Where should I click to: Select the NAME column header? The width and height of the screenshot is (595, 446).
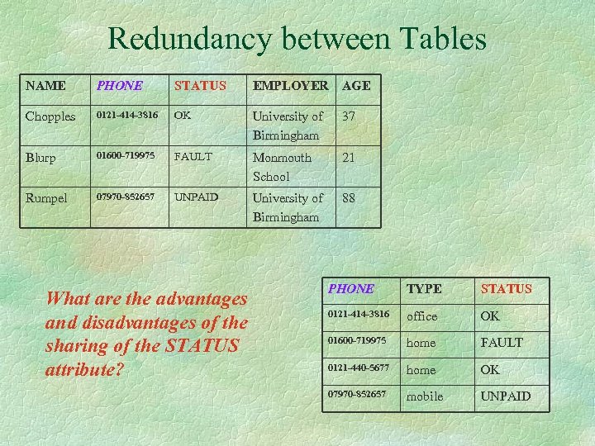(46, 85)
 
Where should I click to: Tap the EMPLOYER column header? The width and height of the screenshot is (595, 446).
(290, 85)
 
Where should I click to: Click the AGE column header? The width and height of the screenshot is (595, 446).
(356, 85)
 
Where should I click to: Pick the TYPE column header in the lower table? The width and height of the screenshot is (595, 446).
(424, 288)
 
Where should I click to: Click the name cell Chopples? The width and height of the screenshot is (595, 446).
(50, 116)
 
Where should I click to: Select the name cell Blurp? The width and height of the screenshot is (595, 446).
(41, 158)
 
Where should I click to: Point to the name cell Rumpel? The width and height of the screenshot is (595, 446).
(47, 198)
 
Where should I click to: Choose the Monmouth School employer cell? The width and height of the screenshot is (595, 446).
(282, 167)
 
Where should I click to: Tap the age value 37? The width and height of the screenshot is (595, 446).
(349, 116)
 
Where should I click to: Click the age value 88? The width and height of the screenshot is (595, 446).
(349, 198)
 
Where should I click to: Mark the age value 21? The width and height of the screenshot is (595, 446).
(349, 158)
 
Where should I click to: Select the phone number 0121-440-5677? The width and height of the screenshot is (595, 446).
(358, 369)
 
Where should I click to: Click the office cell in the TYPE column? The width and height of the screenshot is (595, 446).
(422, 316)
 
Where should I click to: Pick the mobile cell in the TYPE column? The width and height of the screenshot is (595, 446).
(425, 396)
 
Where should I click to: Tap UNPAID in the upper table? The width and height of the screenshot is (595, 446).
(196, 198)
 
